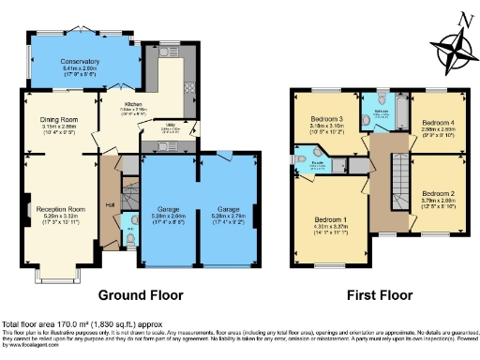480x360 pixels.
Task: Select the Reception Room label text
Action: click(57, 208)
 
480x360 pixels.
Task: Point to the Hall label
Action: click(110, 204)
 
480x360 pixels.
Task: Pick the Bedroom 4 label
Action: click(438, 123)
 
